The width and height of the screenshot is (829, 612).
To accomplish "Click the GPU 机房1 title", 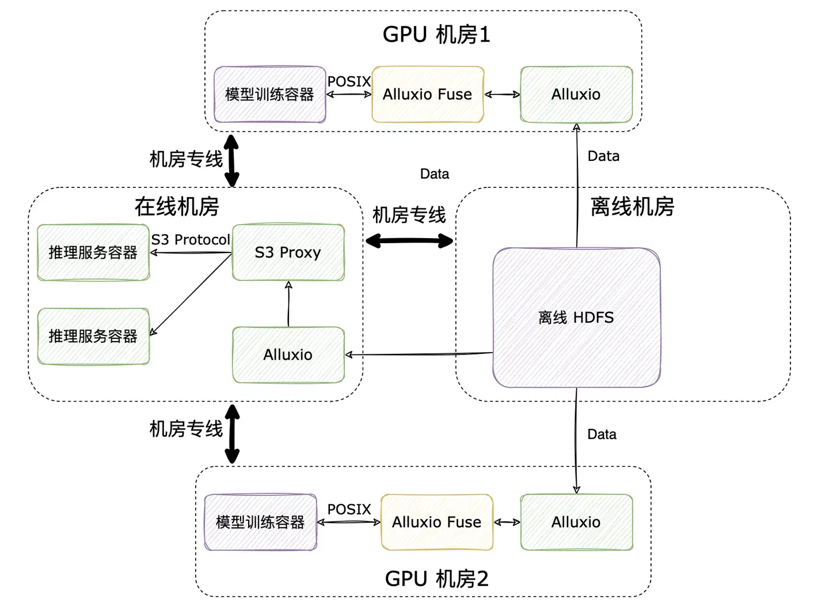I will click(436, 35).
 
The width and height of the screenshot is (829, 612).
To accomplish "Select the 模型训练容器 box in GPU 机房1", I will click(269, 95).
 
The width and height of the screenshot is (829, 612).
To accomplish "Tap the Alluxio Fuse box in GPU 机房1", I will click(427, 95).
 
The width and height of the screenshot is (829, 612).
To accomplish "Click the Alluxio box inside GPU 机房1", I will click(576, 95).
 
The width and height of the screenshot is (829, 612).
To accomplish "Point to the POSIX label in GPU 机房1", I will click(349, 82).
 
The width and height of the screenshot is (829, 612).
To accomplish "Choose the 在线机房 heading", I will click(177, 206).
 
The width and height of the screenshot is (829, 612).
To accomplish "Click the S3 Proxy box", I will click(288, 252).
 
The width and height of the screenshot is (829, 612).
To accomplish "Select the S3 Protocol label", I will click(191, 240).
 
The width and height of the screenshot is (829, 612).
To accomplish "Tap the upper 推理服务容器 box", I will click(93, 252).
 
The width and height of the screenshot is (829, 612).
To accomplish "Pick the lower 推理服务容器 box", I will click(93, 337).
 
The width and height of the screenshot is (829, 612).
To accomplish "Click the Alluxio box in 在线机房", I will click(288, 355).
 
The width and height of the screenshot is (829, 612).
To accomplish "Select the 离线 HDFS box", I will click(576, 318).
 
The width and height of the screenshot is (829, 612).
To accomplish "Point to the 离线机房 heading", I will click(632, 206).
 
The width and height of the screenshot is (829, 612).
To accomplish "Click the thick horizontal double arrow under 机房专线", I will click(409, 241).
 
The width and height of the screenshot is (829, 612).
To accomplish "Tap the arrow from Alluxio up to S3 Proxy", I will click(288, 304).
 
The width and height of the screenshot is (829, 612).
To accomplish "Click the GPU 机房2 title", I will click(436, 579).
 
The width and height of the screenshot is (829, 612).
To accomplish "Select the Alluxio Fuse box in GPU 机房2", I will click(436, 522).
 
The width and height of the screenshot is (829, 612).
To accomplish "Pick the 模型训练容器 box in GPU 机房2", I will click(260, 522).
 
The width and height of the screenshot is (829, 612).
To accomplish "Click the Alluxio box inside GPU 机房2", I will click(576, 522).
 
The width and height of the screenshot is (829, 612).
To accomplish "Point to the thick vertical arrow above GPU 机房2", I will click(232, 433).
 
